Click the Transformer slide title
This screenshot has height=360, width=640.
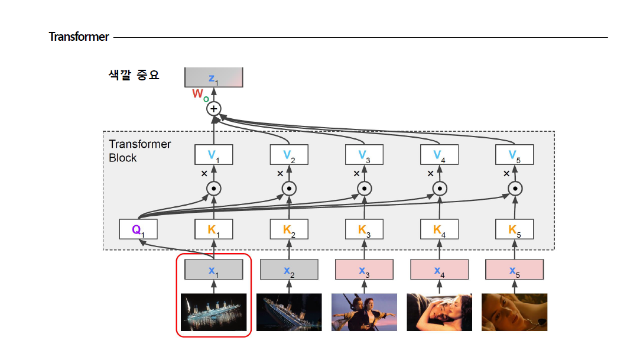coord(79,37)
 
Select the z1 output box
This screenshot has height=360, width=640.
coord(213,77)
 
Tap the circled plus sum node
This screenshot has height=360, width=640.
coord(213,109)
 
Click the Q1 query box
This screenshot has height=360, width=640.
coord(138,229)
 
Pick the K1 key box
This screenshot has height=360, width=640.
coord(213,229)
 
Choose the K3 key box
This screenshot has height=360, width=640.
coord(364,229)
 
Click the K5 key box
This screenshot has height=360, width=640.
coord(515,229)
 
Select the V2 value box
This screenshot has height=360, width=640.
coord(288,155)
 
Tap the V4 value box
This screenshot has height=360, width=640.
coord(439,155)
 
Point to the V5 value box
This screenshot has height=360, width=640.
coord(515,155)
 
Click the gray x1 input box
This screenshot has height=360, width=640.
coord(213,270)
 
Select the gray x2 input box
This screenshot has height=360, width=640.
coord(288,270)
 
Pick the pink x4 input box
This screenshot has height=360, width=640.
coord(439,270)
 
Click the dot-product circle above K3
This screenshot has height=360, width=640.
coord(364,189)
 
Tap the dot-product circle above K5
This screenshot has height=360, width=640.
coord(515,189)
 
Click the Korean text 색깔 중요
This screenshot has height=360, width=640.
coord(134,75)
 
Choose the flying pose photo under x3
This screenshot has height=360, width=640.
coord(364,312)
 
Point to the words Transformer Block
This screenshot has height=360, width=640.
coord(140,151)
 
